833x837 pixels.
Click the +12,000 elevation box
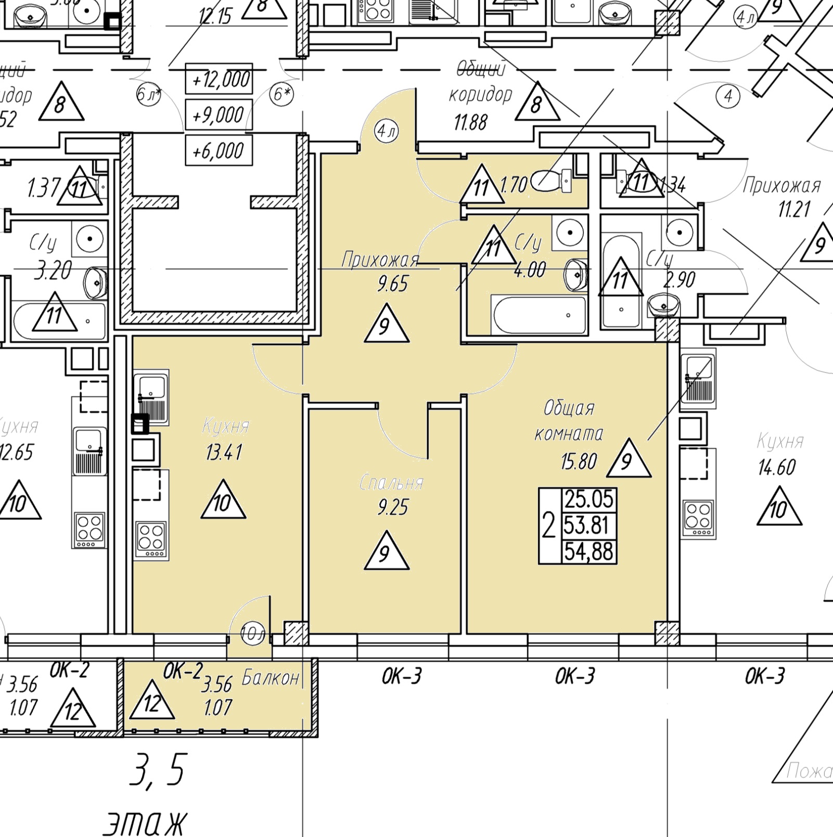tap(219, 79)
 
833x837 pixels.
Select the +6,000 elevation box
tap(219, 151)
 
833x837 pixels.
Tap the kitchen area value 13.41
tap(224, 452)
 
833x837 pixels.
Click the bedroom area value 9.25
tap(393, 507)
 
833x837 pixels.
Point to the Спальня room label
tap(392, 483)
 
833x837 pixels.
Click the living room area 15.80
tap(579, 461)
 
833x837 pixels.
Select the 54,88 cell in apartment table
tap(589, 551)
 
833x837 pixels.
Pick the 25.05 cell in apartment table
tap(589, 499)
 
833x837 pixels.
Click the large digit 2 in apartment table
tap(549, 525)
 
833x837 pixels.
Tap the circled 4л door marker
tap(387, 131)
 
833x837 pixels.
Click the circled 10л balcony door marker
tap(252, 634)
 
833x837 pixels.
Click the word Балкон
tap(271, 678)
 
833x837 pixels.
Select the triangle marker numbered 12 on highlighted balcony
tap(152, 702)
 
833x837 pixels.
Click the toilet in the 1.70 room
tap(552, 181)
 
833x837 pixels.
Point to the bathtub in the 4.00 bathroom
tap(540, 315)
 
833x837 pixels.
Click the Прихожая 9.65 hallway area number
tap(393, 284)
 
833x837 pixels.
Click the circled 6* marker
tap(281, 95)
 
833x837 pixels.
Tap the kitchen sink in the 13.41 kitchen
tap(151, 396)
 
